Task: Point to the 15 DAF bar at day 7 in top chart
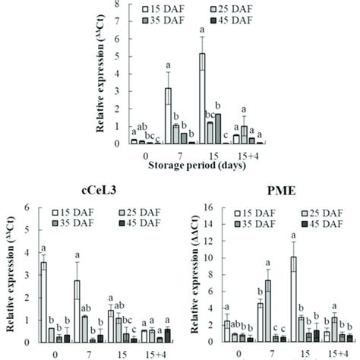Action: pyautogui.click(x=168, y=115)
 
